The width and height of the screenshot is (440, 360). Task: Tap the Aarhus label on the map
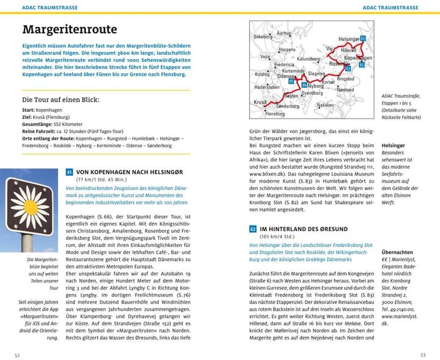point(284,34)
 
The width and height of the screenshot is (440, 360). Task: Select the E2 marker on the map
point(362,39)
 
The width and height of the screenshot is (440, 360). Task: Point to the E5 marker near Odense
point(291,80)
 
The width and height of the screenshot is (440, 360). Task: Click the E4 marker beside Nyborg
point(304,84)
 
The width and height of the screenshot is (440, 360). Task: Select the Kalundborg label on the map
point(307,58)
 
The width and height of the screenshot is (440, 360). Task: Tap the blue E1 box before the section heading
point(69,173)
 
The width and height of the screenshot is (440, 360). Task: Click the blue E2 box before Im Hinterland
point(253,228)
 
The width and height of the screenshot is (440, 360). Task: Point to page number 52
point(18,354)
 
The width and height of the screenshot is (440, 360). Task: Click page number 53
point(422,354)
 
